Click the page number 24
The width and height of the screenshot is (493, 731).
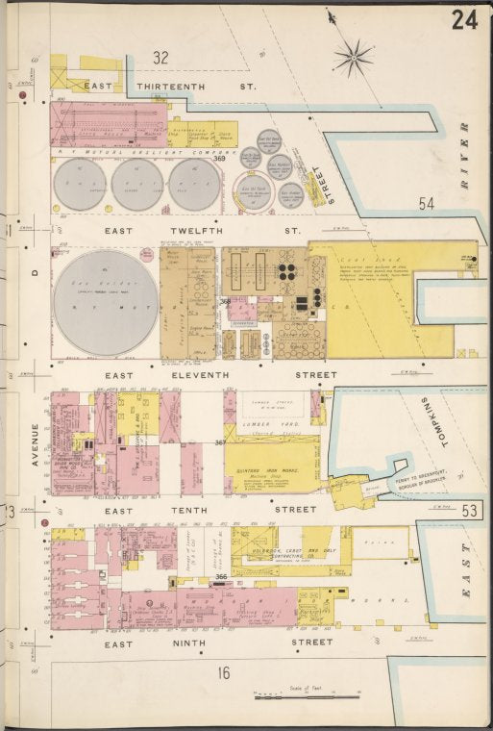(x=464, y=20)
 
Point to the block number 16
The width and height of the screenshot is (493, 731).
(x=223, y=673)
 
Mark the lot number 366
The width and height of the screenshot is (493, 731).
(x=221, y=577)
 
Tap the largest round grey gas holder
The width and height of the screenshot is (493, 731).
(x=106, y=302)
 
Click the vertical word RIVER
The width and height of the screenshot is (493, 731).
(x=464, y=155)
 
